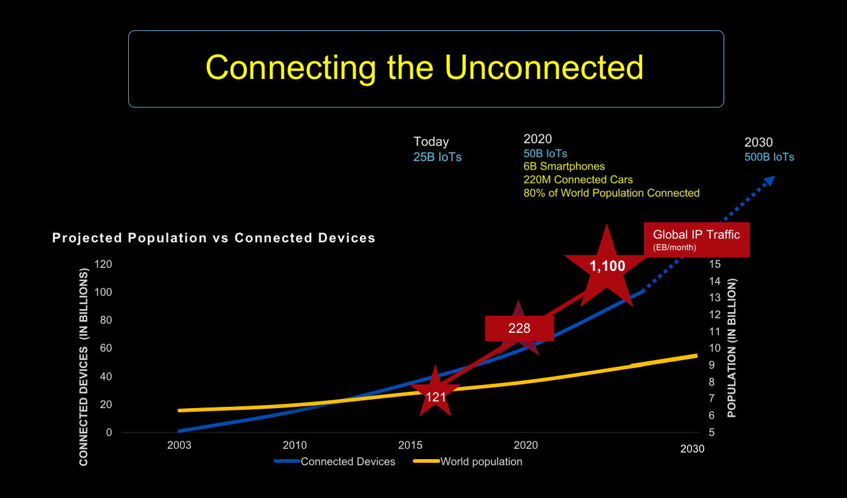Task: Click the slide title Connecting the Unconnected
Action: tap(424, 67)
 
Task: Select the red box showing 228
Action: tap(519, 329)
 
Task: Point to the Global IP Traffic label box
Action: tap(696, 239)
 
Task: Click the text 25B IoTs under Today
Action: tap(437, 157)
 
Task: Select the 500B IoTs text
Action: tap(769, 157)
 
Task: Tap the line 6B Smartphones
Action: tap(564, 166)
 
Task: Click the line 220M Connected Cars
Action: tap(578, 180)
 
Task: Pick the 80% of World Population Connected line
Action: tap(611, 193)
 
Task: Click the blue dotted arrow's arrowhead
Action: tap(769, 181)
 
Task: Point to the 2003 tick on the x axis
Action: tap(179, 445)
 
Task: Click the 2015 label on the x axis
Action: tap(410, 445)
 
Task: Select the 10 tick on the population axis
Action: tap(714, 348)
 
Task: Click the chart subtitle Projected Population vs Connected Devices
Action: tap(214, 238)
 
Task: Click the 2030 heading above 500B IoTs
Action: tap(758, 143)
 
